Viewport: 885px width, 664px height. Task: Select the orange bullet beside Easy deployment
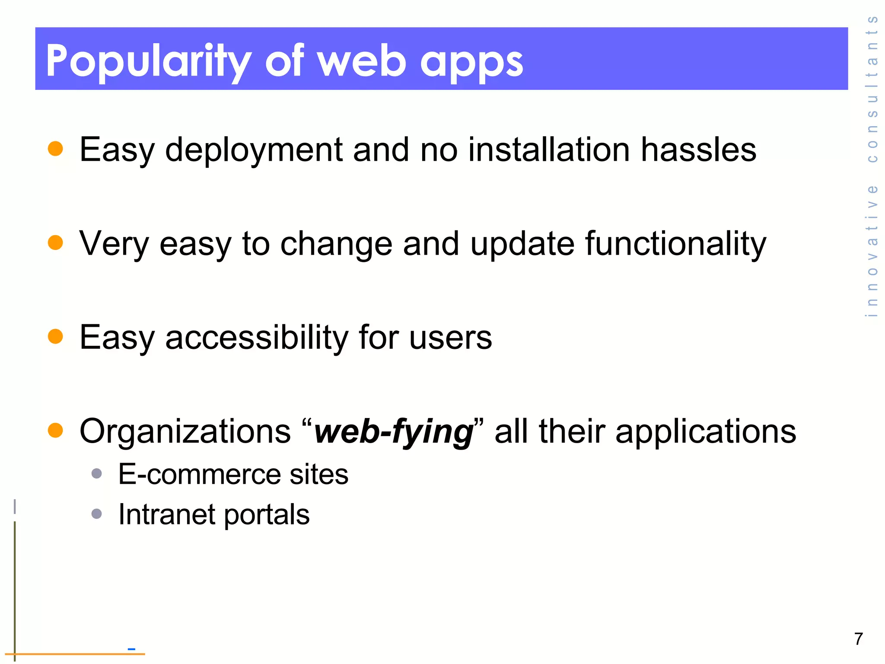[55, 148]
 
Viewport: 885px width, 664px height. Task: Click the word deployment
[254, 150]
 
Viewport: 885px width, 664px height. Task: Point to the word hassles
[698, 150]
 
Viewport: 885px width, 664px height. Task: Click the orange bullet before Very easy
[55, 243]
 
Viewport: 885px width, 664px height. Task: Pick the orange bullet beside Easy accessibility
[55, 336]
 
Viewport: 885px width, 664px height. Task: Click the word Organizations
[185, 431]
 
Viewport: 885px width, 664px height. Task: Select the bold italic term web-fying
[394, 432]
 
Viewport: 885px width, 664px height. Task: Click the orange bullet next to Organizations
[55, 430]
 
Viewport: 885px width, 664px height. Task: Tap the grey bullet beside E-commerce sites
[97, 473]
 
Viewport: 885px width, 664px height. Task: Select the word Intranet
[166, 514]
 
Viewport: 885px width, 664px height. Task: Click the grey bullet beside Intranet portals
[97, 514]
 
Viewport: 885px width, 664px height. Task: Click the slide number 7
[859, 639]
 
